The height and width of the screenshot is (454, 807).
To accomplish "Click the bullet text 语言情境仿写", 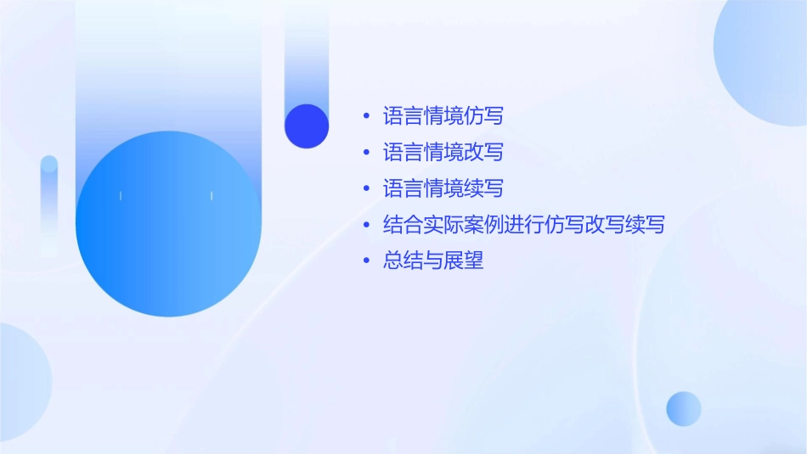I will (x=443, y=115).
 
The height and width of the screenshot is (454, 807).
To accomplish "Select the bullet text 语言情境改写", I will (x=443, y=152).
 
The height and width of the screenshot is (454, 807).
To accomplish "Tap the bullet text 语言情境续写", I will (x=443, y=188).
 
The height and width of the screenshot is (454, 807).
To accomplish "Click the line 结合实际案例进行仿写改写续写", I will (x=523, y=225).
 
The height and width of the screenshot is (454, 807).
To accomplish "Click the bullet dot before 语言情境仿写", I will (x=366, y=116).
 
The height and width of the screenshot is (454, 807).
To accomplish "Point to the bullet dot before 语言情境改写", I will (x=366, y=153).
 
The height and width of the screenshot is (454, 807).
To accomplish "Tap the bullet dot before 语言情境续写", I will (x=366, y=189).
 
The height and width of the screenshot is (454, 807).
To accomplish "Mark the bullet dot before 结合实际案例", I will (x=366, y=226).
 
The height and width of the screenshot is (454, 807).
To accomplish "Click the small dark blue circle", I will (x=307, y=126).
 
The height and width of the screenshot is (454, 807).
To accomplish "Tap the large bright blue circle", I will (x=168, y=224).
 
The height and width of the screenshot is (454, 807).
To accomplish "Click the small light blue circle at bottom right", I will (x=684, y=408).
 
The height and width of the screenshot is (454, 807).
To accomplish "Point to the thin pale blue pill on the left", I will (x=49, y=204).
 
